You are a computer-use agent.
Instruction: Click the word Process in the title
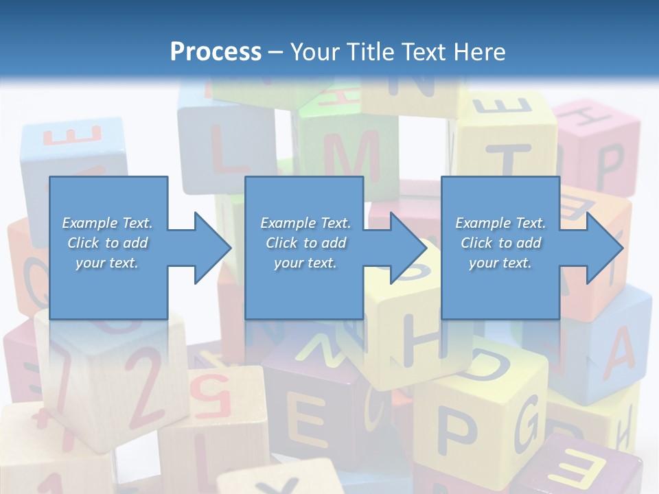[x=216, y=52]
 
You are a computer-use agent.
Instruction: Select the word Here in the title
[x=478, y=52]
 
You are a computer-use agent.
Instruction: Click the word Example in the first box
[x=89, y=223]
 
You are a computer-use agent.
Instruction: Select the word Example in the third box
[x=482, y=223]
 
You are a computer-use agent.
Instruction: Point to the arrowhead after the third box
[x=604, y=247]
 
